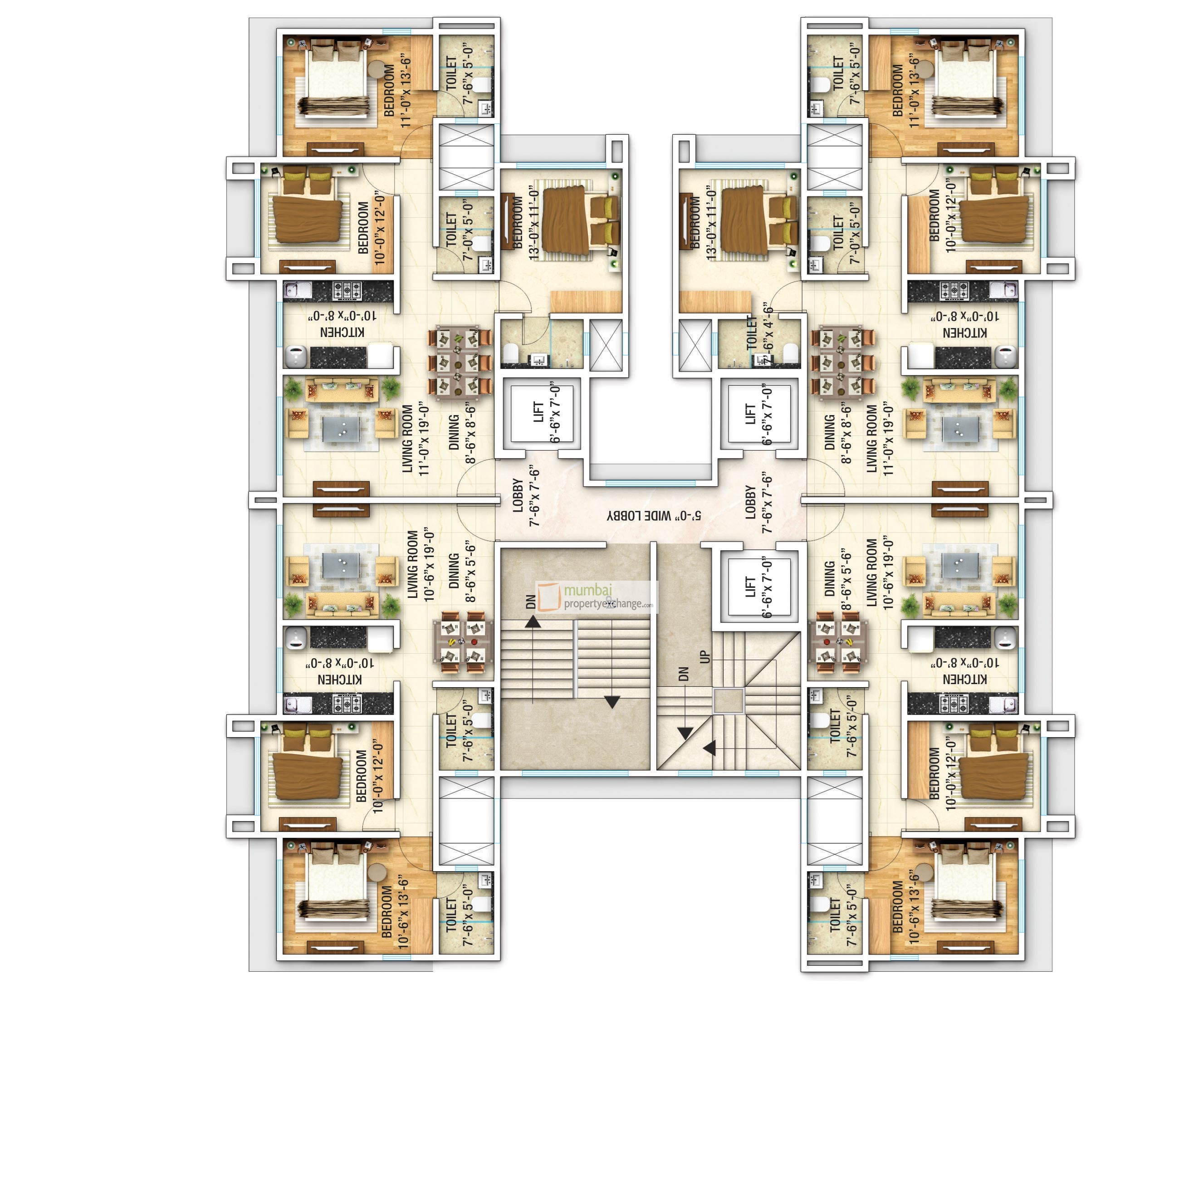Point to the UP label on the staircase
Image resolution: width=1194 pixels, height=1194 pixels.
(705, 657)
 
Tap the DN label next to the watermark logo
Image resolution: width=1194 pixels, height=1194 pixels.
(530, 602)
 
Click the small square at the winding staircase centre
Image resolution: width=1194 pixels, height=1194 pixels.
(728, 701)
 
